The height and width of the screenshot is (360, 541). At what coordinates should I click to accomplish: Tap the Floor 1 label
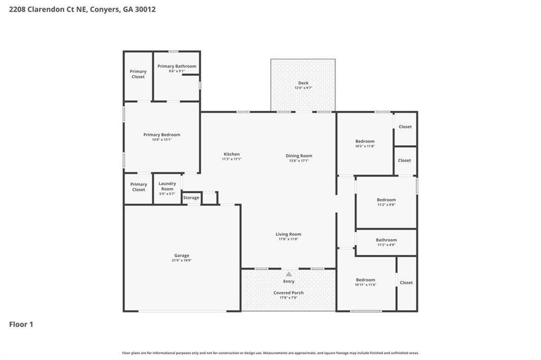point(21,325)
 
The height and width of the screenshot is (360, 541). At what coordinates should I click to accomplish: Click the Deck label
point(303,83)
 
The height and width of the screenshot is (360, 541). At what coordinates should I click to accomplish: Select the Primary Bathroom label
point(177,67)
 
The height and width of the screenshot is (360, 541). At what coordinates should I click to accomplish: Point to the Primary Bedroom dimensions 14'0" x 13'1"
point(162,140)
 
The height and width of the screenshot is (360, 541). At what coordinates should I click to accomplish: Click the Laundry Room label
point(167,186)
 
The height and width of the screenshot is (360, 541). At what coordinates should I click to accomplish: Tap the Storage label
point(191,198)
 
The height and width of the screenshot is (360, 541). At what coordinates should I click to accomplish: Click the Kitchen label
point(231,154)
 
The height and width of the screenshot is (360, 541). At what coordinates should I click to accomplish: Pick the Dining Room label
point(299,156)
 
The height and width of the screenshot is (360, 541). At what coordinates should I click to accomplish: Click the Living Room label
point(288,234)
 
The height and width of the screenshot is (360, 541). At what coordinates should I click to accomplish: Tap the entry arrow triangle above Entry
point(288,274)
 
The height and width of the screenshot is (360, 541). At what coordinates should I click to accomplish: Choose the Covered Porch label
point(288,292)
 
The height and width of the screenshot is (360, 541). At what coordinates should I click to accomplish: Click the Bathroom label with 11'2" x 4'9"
point(386,240)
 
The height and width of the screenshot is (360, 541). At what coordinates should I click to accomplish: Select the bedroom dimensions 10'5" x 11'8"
point(365,146)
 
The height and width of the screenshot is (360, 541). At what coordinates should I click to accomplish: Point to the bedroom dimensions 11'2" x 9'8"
point(386,205)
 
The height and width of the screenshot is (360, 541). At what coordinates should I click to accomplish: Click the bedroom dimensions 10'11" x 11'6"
point(366,285)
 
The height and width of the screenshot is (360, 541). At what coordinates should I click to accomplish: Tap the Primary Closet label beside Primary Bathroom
point(138,74)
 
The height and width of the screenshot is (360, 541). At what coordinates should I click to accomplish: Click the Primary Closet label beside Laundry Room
point(138,187)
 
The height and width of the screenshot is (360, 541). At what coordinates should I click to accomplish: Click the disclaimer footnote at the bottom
point(270,353)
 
